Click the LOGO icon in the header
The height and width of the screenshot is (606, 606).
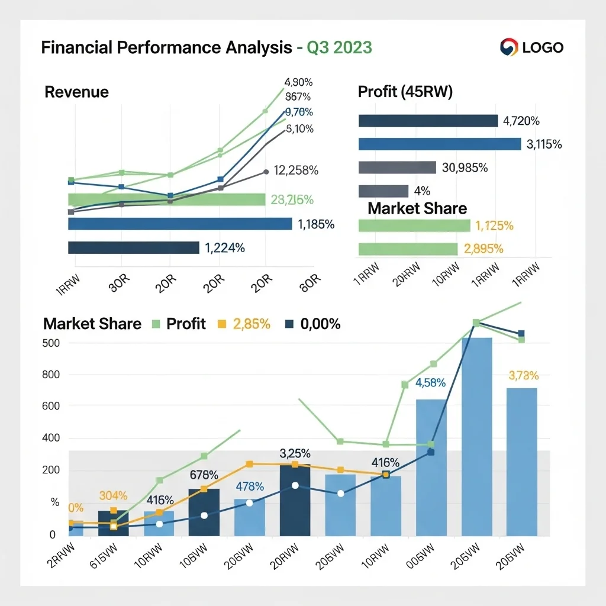(509, 47)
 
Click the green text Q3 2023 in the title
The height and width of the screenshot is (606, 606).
(339, 47)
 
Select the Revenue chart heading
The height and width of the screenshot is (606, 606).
(76, 92)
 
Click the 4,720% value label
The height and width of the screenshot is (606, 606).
(521, 121)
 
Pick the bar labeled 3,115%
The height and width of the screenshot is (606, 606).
(439, 144)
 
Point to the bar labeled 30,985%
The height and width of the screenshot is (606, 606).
(397, 167)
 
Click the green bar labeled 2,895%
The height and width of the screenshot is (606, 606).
(408, 249)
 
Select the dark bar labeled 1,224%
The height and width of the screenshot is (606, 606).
(133, 248)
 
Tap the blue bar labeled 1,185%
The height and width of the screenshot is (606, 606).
(180, 224)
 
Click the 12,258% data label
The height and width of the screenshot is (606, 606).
(296, 171)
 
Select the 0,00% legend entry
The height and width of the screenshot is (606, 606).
(314, 324)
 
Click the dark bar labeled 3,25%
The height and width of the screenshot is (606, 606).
(295, 500)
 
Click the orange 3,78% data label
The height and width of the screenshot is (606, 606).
(523, 375)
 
